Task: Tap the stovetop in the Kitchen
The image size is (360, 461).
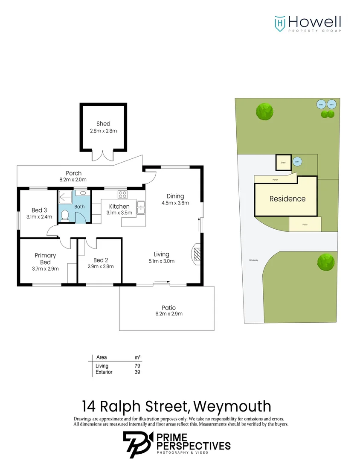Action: point(122,195)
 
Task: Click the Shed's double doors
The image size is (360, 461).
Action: point(103,155)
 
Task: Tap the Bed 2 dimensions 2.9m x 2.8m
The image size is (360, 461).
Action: point(101,266)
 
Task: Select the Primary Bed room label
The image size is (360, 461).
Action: point(45,259)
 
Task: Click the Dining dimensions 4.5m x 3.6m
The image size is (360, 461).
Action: point(175,203)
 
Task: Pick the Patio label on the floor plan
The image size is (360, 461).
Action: point(168,307)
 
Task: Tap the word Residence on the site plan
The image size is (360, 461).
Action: point(287,198)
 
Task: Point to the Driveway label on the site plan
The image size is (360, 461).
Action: point(254,260)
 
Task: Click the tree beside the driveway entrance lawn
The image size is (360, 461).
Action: point(325,262)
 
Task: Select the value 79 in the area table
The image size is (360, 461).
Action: point(137,366)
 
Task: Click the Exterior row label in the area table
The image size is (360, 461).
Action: point(104,372)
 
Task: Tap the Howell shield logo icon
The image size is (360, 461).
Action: point(279,23)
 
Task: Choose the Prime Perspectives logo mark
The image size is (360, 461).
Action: point(137,444)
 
